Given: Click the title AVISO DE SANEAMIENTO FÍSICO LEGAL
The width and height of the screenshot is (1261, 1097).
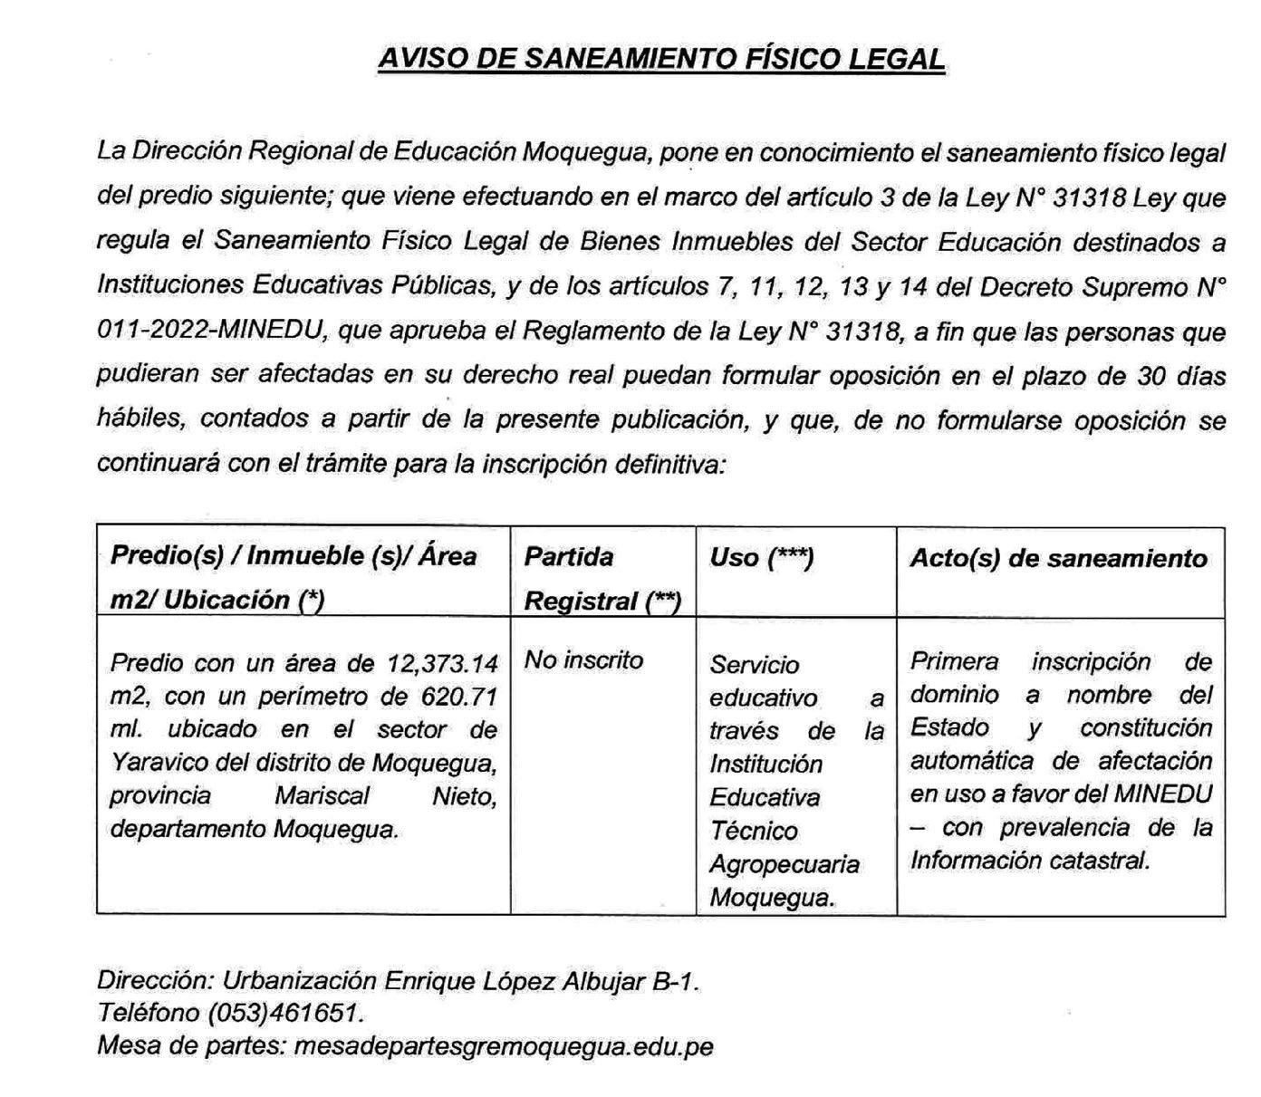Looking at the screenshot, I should point(661,60).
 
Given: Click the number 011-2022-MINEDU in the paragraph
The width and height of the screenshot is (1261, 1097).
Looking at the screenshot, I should point(210,332).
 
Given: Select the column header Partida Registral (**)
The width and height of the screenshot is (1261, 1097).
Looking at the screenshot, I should point(602,578).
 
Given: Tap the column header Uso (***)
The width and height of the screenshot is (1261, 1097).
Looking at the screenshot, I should point(762,557).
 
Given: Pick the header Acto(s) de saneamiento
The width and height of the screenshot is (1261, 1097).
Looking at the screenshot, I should point(1058,558).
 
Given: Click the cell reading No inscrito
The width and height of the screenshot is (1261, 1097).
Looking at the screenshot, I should point(583,660).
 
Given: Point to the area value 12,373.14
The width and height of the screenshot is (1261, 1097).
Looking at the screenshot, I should point(443,664).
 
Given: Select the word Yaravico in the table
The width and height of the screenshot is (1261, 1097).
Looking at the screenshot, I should point(155,763).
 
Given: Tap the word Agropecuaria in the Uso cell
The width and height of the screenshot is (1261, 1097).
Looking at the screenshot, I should point(784,864).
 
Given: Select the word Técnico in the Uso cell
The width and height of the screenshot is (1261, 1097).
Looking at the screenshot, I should point(754,831).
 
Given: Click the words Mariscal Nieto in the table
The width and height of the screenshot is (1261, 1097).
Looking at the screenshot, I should point(386,796).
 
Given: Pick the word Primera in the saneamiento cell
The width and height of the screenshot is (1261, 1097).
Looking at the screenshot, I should point(954,662).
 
